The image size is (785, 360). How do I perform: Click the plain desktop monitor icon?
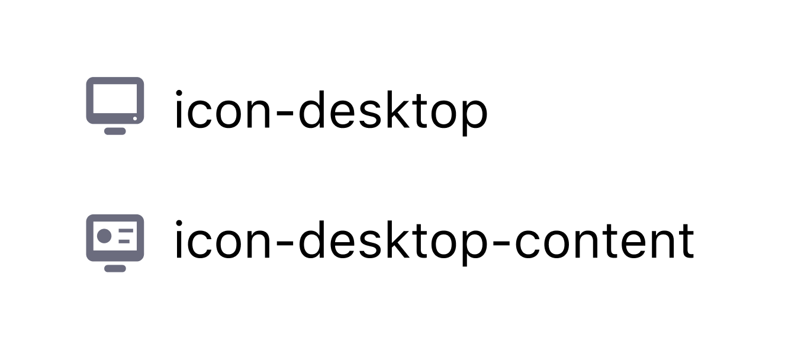(x=115, y=105)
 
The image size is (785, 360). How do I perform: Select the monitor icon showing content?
(x=115, y=243)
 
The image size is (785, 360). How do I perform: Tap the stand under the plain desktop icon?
(x=115, y=131)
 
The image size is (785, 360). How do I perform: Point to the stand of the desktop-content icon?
(x=115, y=268)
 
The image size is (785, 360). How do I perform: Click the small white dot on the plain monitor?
(x=135, y=118)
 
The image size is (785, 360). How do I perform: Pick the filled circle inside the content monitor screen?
(x=104, y=236)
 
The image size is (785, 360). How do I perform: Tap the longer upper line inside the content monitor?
(x=126, y=231)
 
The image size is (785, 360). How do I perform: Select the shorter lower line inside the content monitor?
(x=124, y=241)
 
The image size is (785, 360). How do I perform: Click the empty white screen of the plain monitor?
(x=115, y=99)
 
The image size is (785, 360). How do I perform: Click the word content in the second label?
(x=604, y=241)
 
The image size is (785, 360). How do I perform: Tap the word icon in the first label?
(x=223, y=110)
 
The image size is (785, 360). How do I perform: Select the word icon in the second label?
(x=223, y=240)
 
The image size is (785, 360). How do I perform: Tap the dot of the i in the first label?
(x=179, y=93)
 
